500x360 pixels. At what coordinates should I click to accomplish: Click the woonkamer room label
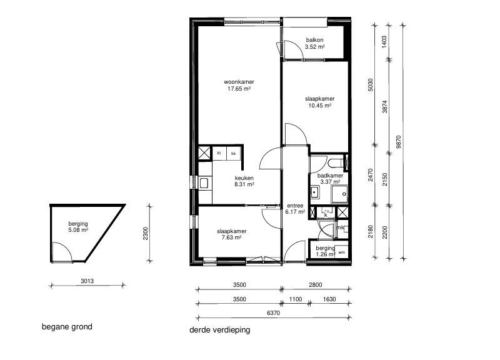click(x=239, y=85)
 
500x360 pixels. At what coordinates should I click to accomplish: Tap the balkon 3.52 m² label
click(x=314, y=44)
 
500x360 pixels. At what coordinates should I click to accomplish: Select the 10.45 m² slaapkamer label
click(x=319, y=102)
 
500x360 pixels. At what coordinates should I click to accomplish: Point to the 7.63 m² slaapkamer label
click(x=231, y=234)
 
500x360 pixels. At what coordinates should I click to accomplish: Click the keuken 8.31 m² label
click(x=244, y=181)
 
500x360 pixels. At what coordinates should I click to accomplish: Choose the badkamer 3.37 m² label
click(x=330, y=179)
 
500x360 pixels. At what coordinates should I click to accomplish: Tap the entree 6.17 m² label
click(x=295, y=209)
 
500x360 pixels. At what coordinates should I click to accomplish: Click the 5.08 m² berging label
click(x=78, y=226)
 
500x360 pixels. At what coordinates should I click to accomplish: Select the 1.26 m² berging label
click(x=325, y=251)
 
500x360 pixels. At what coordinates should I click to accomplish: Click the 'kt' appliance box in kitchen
click(x=219, y=153)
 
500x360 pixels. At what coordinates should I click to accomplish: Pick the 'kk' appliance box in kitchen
click(x=234, y=153)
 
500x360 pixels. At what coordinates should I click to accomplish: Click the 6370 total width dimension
click(x=273, y=312)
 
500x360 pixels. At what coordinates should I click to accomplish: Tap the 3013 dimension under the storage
click(x=87, y=281)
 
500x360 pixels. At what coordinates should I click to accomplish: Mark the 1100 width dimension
click(x=295, y=300)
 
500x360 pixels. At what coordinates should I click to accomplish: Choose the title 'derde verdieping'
click(x=219, y=330)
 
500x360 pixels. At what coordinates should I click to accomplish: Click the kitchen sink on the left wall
click(x=204, y=182)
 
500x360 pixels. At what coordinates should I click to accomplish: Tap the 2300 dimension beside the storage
click(x=145, y=233)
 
